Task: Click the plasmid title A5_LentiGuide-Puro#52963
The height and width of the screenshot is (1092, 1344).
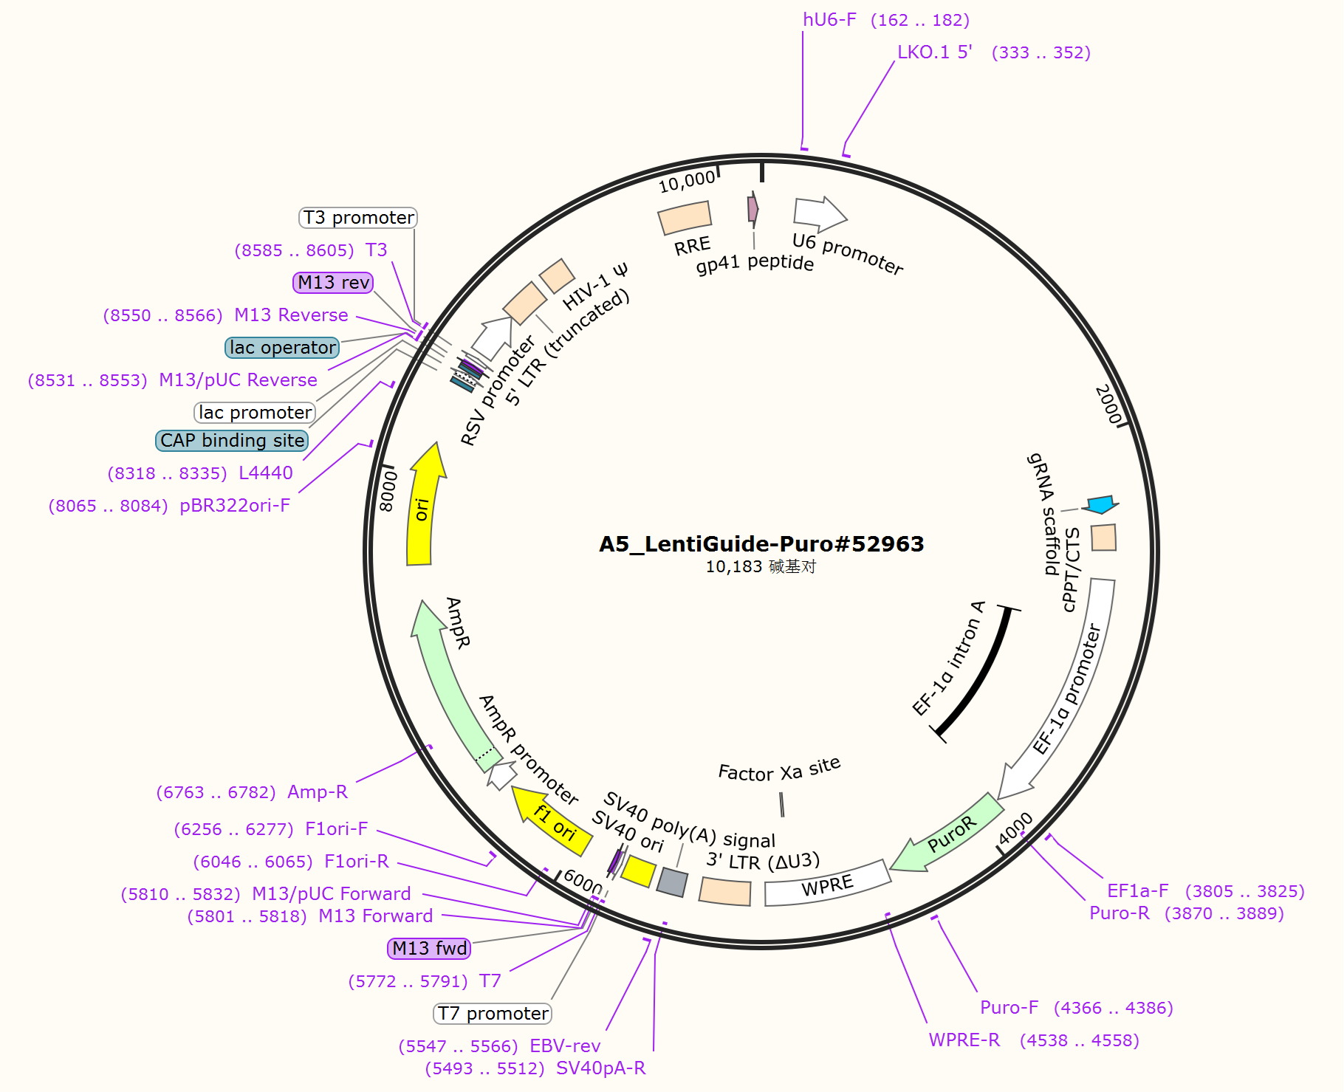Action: [x=761, y=544]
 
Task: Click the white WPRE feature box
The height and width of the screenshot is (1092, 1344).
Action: [x=827, y=884]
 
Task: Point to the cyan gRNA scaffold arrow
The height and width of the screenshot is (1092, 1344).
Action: [x=1100, y=505]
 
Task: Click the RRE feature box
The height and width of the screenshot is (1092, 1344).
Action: [x=685, y=217]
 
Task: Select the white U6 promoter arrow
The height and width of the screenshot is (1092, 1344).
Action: [x=818, y=213]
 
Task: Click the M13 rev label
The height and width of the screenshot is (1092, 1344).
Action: [x=333, y=283]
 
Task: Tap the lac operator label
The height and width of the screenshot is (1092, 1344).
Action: [x=282, y=348]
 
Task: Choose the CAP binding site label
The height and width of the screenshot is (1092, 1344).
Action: [x=232, y=441]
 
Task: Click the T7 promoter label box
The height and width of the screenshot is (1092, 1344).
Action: [x=493, y=1014]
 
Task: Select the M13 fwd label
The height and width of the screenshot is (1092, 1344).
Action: [x=429, y=949]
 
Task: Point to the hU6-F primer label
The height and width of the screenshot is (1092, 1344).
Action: [x=829, y=20]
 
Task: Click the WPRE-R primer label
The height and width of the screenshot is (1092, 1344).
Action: [x=964, y=1040]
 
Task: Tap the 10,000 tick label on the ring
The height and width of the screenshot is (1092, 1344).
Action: [x=687, y=182]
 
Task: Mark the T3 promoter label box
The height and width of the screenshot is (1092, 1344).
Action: [x=358, y=218]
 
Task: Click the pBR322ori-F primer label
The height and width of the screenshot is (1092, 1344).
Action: [x=235, y=506]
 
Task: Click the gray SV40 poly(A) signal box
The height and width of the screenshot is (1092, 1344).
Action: [x=672, y=882]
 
